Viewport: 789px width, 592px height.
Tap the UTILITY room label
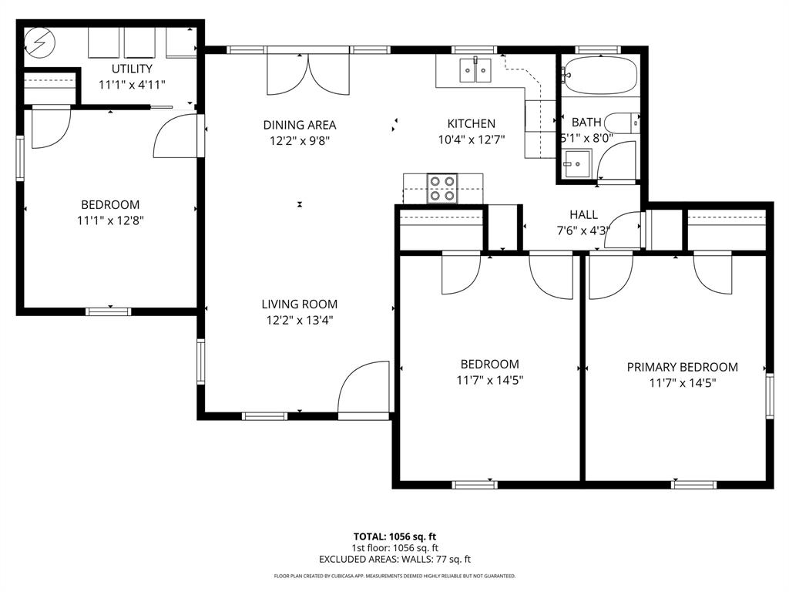(132, 69)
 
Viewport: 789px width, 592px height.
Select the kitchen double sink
(475, 70)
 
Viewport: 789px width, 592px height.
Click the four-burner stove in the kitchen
(442, 188)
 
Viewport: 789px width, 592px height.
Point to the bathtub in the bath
(599, 76)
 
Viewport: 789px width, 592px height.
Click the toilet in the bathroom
(621, 123)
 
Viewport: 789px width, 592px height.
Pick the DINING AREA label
(299, 125)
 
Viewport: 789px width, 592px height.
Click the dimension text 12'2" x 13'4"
(299, 321)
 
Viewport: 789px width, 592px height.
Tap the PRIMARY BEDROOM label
(682, 368)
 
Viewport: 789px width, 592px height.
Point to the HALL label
(583, 214)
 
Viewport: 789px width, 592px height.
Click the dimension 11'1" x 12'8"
(110, 220)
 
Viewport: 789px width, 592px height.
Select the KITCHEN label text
(471, 123)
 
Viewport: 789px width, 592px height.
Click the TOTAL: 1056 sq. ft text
(394, 536)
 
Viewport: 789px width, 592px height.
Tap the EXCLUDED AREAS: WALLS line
(394, 560)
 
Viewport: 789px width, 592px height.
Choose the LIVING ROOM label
(299, 304)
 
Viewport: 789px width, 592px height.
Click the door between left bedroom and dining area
(178, 137)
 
